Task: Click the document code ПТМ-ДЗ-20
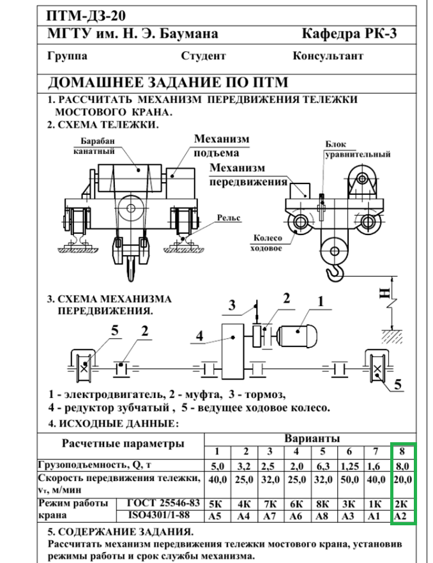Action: coord(86,15)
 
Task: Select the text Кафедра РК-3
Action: coord(350,34)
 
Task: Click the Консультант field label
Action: coord(328,56)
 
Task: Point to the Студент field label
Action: coord(203,56)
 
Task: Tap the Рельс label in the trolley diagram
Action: coord(229,218)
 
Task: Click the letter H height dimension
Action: coord(384,293)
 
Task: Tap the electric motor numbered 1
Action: coord(299,332)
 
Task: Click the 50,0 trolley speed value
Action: coord(349,479)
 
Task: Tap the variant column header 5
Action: coord(323,452)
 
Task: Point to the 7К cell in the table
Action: coord(270,504)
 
